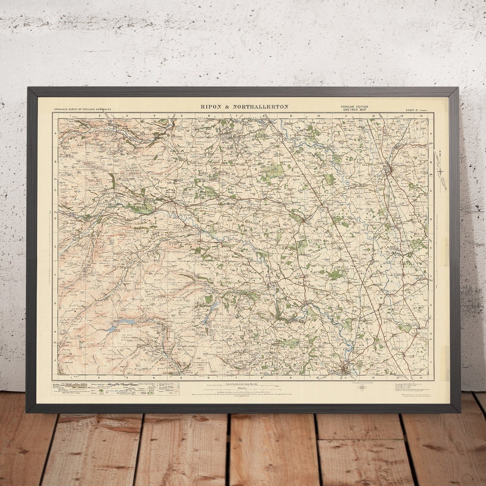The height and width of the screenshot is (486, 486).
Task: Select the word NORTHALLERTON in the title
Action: click(x=262, y=107)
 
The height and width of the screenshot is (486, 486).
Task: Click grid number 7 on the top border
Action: click(x=237, y=116)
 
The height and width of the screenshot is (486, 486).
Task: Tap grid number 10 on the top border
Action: click(x=319, y=116)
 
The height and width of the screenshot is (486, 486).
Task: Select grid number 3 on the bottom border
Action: click(x=127, y=378)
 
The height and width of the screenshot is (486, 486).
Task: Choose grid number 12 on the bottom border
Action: click(x=373, y=378)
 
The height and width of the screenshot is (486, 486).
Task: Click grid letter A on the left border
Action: click(x=55, y=134)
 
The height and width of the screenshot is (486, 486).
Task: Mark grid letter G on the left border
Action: click(x=55, y=303)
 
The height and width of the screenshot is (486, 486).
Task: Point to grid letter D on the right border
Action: click(x=431, y=219)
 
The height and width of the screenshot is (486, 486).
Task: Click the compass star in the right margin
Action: click(x=440, y=171)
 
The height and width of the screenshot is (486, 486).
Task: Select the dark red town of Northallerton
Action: click(x=388, y=170)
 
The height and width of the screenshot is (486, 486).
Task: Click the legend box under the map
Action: click(x=116, y=389)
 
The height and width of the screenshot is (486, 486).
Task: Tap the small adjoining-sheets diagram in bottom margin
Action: click(x=361, y=387)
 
